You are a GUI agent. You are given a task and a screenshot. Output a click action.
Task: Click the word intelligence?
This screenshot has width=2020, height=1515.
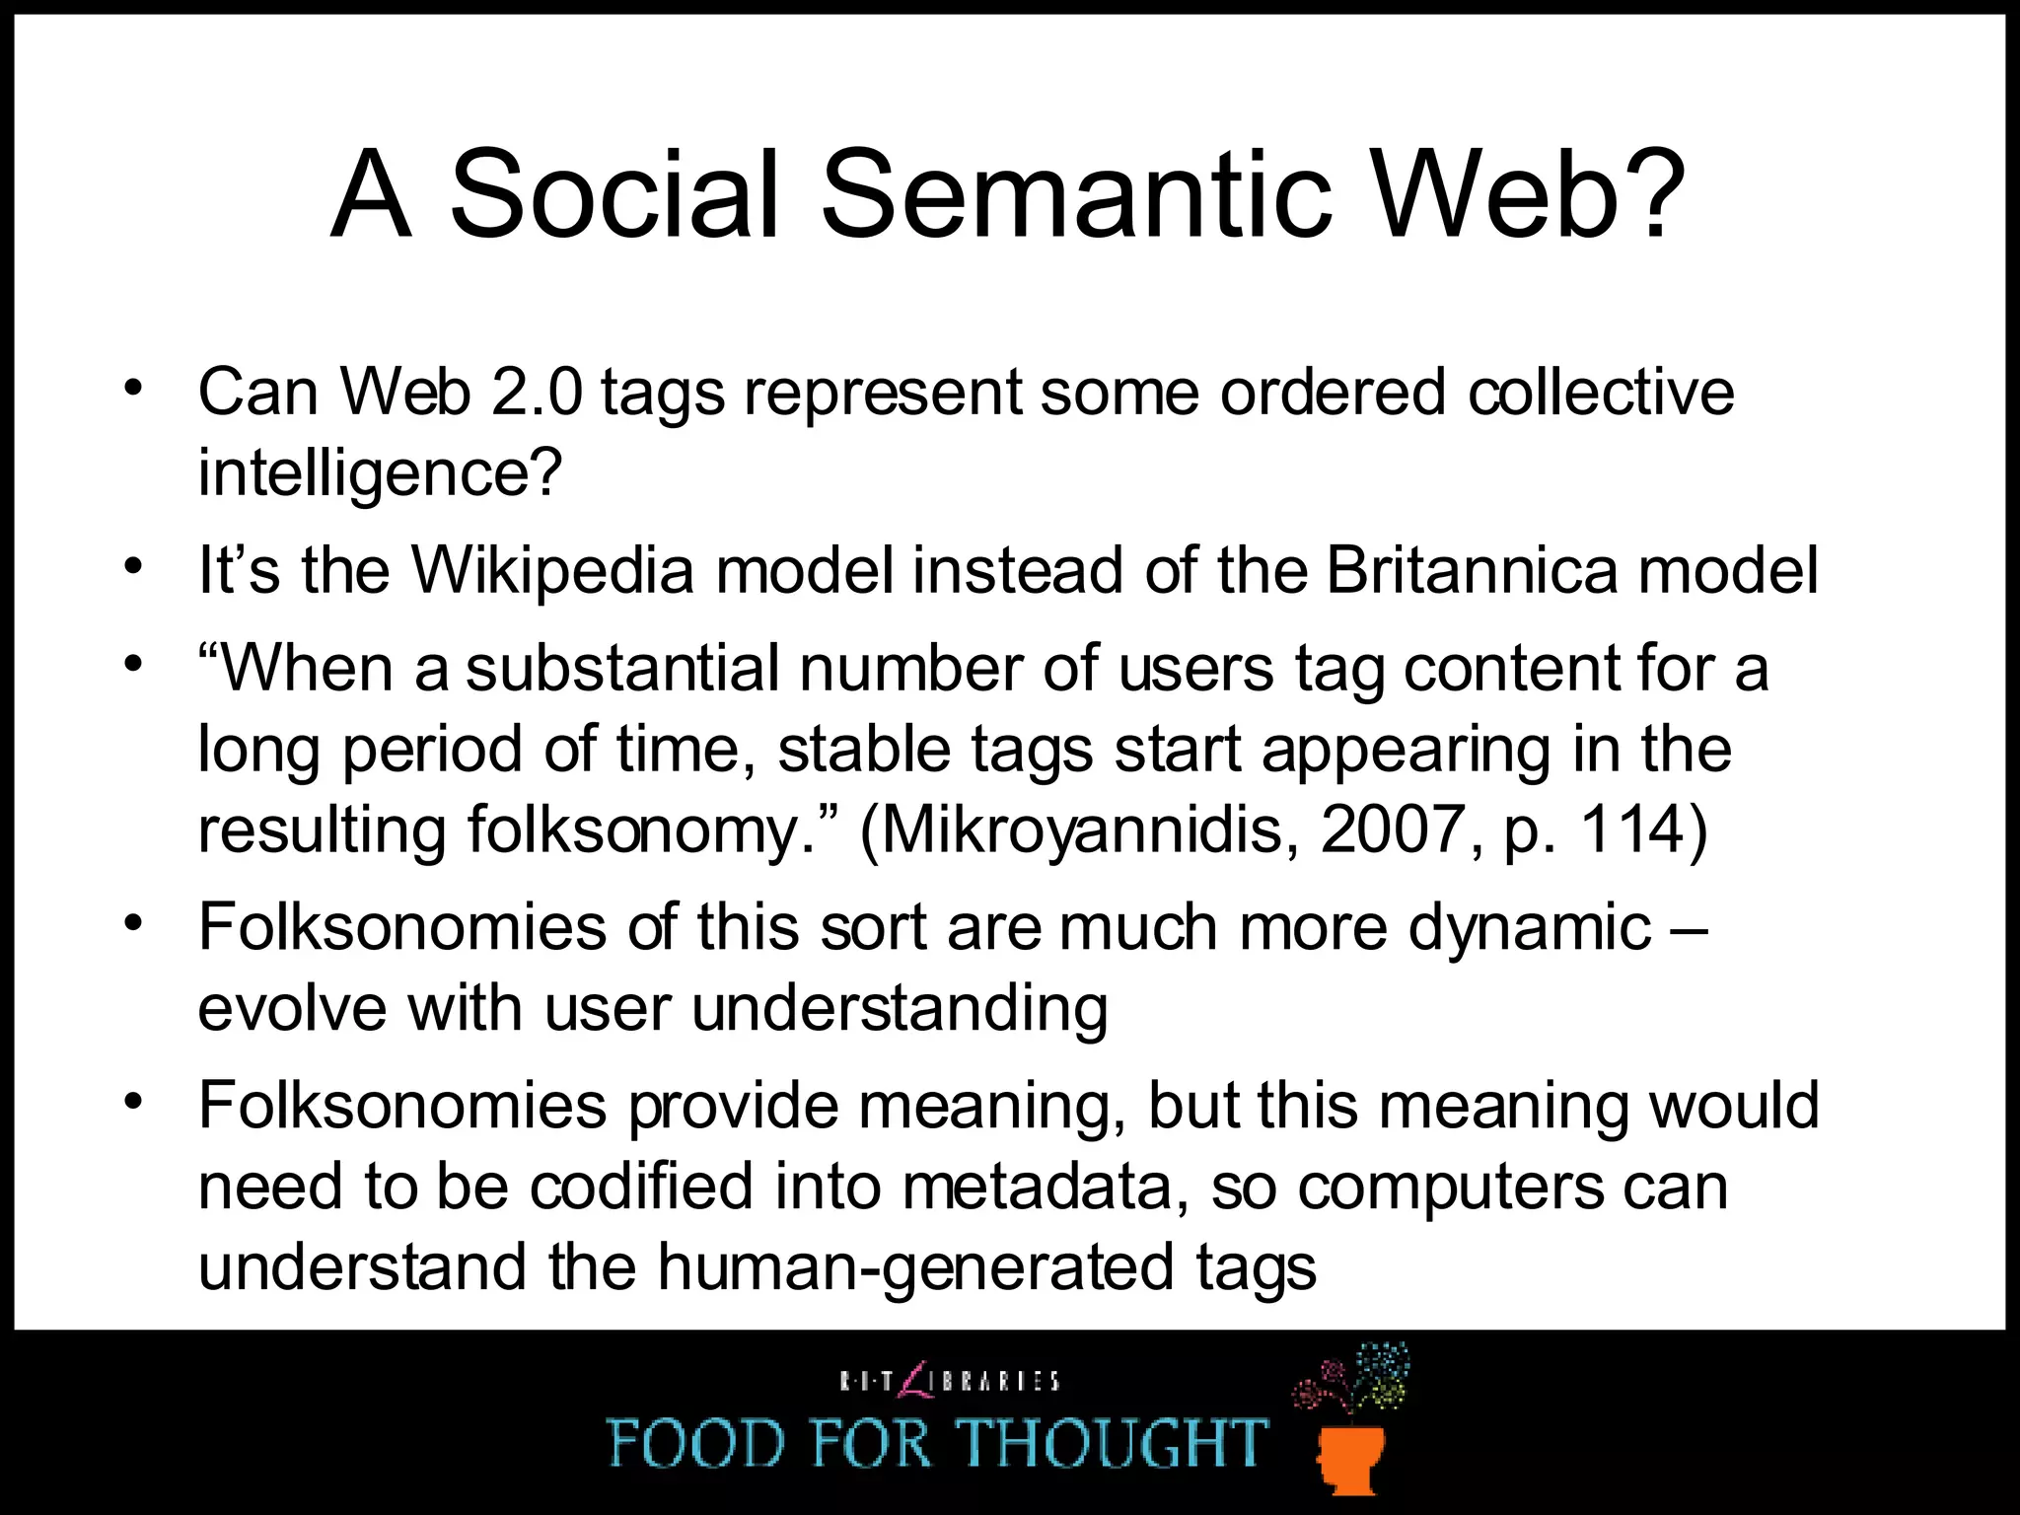(380, 473)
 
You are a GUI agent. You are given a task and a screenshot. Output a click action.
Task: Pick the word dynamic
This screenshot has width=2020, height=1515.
(1528, 927)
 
